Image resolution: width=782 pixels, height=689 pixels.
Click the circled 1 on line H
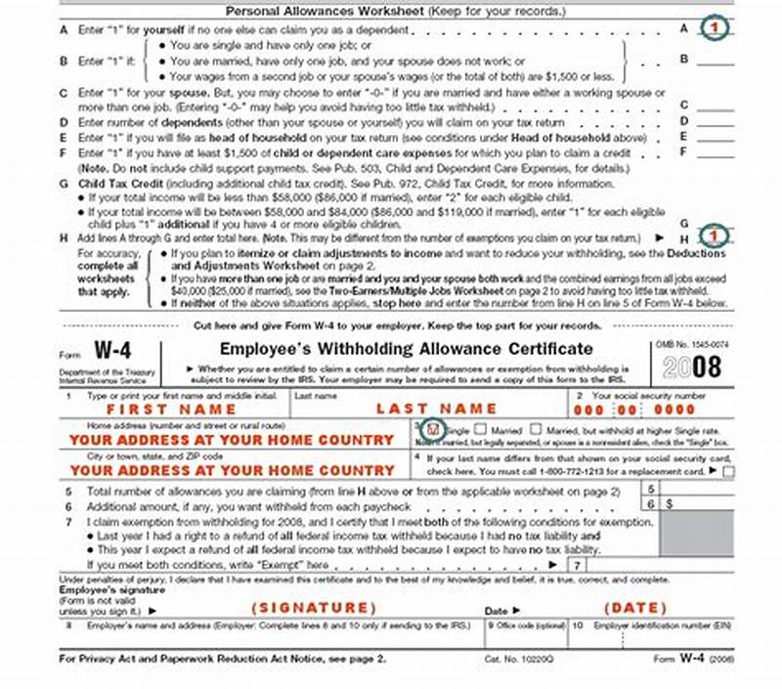[718, 236]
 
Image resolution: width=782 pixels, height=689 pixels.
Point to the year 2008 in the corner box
[691, 366]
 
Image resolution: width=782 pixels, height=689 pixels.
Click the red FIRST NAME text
[171, 409]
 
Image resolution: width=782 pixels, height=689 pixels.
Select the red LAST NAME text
[436, 409]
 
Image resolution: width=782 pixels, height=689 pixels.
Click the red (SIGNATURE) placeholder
[314, 607]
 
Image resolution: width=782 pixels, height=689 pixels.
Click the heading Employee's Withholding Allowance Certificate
[406, 349]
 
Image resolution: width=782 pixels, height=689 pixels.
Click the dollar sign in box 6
[671, 503]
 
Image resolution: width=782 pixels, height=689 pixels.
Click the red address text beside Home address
[232, 441]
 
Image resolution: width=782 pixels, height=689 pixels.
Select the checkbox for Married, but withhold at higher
[536, 429]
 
